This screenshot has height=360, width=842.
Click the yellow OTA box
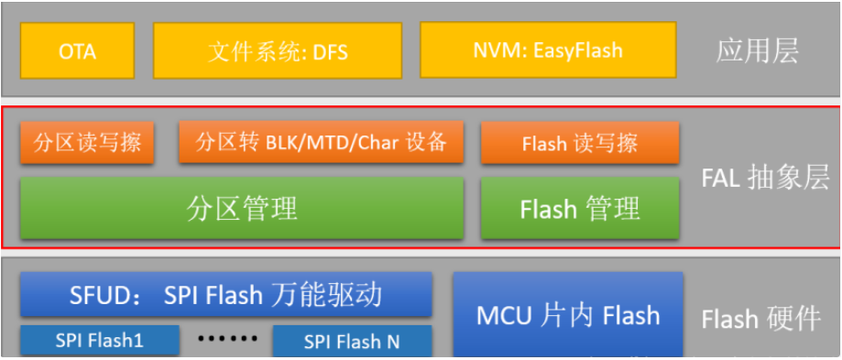[x=77, y=50]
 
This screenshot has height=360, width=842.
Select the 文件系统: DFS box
[x=277, y=50]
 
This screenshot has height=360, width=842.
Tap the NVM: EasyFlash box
[x=548, y=50]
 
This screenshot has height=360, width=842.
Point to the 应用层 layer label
[x=757, y=50]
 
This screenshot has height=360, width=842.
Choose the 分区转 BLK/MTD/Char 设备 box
[x=321, y=143]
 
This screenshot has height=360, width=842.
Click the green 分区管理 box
[x=242, y=209]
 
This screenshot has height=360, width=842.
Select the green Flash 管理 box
[x=579, y=209]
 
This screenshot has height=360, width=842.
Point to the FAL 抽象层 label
[x=765, y=174]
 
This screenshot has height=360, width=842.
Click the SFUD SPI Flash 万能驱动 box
[x=225, y=295]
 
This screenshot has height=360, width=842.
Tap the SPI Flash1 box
[x=99, y=341]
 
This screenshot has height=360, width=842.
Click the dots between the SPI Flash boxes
[x=227, y=339]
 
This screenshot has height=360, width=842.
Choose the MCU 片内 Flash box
[x=568, y=315]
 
